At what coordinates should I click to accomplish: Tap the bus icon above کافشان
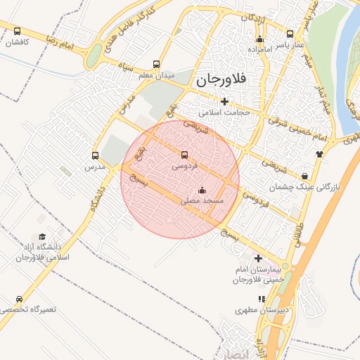17,31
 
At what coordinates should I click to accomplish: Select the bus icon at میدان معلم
156,63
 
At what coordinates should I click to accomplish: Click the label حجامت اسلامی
224,112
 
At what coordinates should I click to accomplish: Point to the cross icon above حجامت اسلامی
224,101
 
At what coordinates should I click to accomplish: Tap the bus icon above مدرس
95,155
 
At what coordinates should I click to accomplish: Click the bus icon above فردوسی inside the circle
185,154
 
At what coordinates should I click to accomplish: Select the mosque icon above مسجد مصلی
202,189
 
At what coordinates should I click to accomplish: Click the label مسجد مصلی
202,201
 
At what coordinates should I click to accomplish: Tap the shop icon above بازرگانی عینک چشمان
304,176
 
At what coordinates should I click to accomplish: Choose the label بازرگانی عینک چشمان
304,188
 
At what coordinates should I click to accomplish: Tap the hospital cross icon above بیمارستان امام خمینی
258,258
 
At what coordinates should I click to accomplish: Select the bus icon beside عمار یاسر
290,34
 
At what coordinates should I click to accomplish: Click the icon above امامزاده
259,39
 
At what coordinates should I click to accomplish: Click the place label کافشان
17,42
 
